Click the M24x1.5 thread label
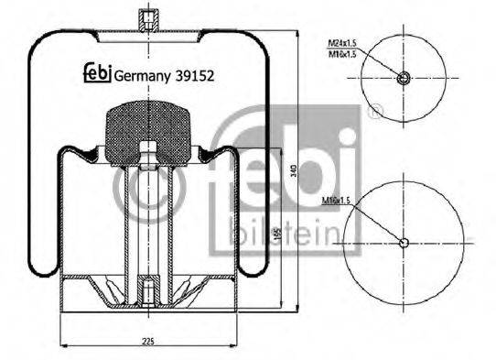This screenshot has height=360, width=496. point(342,43)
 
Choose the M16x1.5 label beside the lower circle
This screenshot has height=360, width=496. point(337,199)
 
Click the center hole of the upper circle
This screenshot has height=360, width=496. point(404,79)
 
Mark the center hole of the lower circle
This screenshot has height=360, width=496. point(404,242)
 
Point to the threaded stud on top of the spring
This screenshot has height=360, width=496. point(146,20)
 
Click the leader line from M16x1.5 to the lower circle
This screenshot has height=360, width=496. point(375,220)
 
